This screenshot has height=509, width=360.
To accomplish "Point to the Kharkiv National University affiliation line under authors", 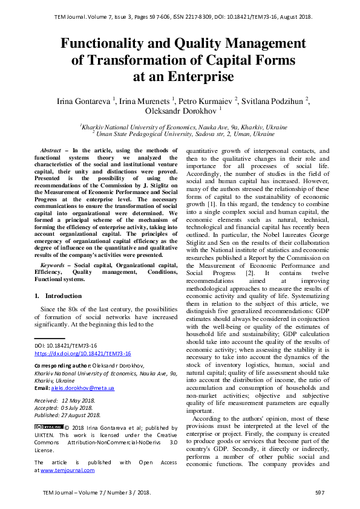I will point(184,128).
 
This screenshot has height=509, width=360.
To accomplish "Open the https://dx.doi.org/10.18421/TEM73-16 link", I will point(82,353).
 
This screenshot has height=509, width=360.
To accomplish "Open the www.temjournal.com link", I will point(67,469).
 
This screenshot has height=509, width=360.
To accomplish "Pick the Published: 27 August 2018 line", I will point(67,415).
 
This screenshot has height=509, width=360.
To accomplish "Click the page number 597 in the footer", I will point(320,493).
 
